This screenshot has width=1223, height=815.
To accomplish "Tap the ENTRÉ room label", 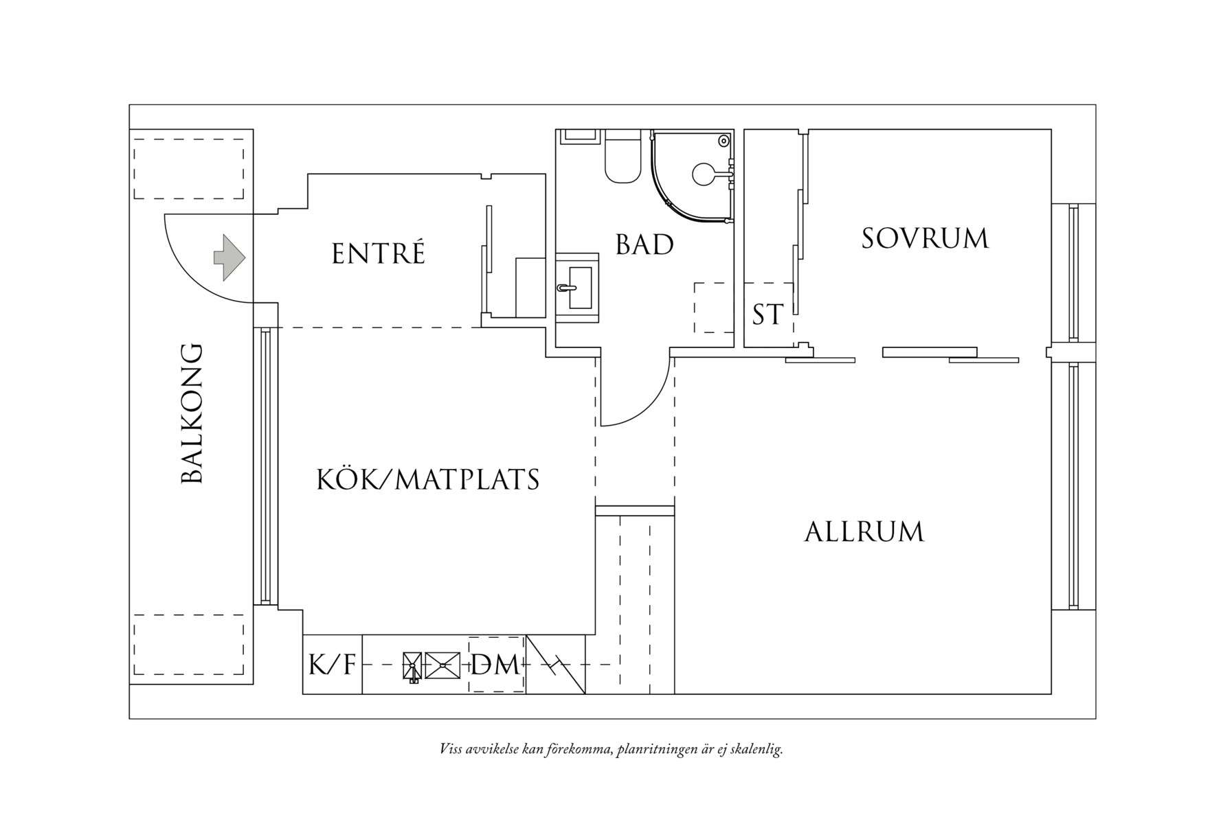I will [x=379, y=254].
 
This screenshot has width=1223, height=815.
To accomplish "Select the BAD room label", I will [x=644, y=245].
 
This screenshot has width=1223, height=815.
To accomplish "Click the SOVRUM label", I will [x=925, y=239].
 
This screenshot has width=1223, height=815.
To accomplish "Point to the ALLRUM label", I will [x=864, y=532].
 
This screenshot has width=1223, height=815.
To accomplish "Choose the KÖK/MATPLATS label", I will [x=427, y=480].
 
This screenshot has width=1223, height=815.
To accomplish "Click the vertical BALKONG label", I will [x=192, y=414].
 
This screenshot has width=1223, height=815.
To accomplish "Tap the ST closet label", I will [x=767, y=315].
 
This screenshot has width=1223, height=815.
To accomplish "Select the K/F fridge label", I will [x=332, y=665].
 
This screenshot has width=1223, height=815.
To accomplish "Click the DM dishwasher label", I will [x=495, y=665].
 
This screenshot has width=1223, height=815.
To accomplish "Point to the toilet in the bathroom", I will [x=622, y=161].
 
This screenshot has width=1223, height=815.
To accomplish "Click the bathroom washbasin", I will [x=576, y=288].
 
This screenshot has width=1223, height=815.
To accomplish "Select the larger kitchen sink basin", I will [x=442, y=665].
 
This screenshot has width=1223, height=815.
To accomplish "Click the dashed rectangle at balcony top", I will [x=189, y=169].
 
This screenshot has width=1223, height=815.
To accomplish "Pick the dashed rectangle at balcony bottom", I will [x=189, y=645].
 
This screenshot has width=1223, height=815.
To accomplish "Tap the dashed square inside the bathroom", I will [x=714, y=308].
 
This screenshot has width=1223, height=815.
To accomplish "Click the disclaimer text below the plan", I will [x=611, y=749].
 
